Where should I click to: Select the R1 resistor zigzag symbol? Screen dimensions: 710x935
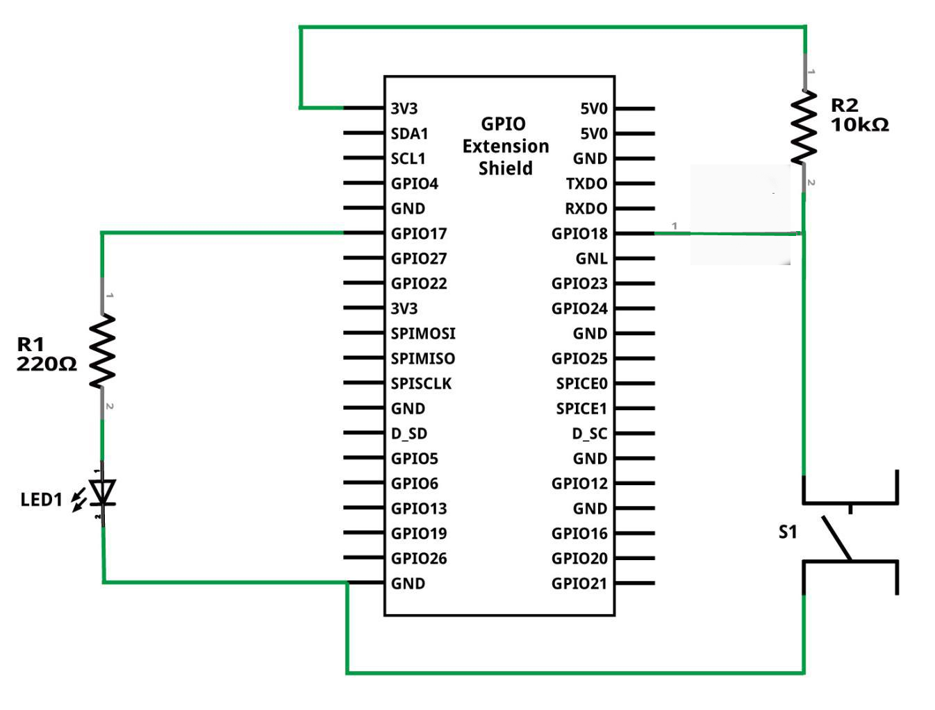102,350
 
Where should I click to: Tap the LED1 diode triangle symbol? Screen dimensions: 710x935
104,491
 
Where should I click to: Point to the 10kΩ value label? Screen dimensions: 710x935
859,125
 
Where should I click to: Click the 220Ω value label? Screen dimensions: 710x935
47,364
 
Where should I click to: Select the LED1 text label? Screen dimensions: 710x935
41,499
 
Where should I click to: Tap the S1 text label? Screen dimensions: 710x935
788,532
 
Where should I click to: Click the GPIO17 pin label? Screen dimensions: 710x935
419,234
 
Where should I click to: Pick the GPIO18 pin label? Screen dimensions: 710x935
579,234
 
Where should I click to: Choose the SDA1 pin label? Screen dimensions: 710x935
409,133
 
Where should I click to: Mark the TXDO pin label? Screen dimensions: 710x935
586,184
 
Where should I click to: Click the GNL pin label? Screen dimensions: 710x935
591,259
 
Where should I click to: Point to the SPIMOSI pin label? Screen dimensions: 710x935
423,334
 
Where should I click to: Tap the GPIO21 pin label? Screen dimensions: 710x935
579,584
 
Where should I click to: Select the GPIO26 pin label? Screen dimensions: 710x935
419,559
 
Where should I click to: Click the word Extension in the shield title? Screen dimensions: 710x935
506,146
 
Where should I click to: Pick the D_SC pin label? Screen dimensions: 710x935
589,434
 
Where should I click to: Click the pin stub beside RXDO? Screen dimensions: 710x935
634,208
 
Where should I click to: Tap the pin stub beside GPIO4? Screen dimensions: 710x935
364,183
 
